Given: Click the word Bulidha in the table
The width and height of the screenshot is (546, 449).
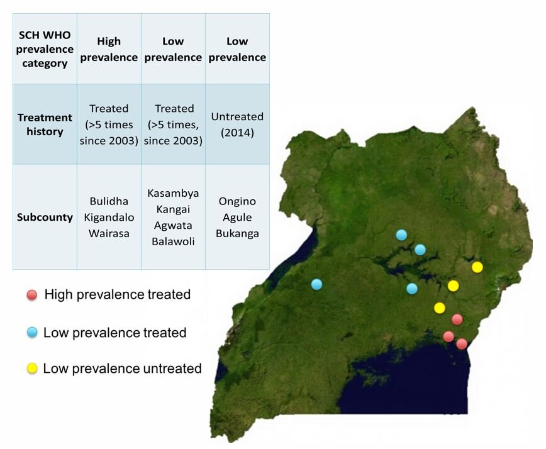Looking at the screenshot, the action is tap(109, 201).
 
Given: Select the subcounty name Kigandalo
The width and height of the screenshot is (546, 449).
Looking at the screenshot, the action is tap(109, 217).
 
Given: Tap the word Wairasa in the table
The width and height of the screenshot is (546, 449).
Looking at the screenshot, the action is tap(109, 233).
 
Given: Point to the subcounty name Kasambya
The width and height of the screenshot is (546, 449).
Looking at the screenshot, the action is tap(173, 193).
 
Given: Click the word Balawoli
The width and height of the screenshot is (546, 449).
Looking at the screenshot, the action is tap(173, 241).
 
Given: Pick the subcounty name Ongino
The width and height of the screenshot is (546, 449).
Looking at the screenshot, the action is tap(237, 201).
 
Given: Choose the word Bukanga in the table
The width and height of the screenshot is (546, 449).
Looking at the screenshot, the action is tap(237, 233).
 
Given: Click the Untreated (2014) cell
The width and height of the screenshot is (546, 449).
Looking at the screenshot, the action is tap(237, 125).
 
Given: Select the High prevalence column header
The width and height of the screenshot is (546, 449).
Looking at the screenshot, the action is tap(109, 49).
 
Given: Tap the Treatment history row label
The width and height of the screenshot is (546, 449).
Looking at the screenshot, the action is tap(45, 125).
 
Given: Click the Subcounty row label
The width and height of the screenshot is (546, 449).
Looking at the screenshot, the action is tap(45, 217).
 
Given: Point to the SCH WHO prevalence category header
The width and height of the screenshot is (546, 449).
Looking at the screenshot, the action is tap(45, 49).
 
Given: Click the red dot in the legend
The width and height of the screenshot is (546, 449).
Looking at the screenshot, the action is tap(31, 295).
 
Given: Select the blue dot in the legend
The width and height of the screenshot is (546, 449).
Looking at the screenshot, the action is tap(32, 333).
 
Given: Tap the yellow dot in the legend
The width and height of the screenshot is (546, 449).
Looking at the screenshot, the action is tap(32, 369).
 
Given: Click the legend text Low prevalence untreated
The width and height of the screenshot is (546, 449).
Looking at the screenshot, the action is tap(122, 369).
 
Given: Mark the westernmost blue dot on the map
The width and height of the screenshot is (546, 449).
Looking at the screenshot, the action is tap(316, 284).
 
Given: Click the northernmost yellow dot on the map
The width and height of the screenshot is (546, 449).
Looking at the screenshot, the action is tap(477, 267).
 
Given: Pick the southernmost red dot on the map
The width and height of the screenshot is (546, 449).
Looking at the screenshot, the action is tap(462, 344).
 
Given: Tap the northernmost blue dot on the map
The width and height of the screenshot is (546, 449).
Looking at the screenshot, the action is tap(401, 235).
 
